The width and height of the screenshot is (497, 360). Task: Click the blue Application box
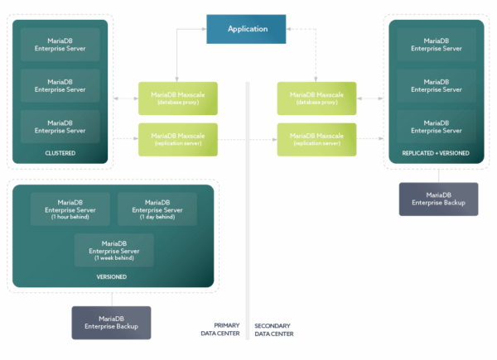[x=248, y=29]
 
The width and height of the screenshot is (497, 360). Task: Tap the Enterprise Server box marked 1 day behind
[x=157, y=209]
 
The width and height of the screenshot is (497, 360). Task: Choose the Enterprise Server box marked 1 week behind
[x=114, y=249]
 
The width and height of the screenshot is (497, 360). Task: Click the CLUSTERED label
[x=60, y=153]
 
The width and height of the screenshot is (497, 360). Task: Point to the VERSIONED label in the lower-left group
[x=111, y=277]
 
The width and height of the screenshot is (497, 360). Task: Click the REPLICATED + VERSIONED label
[x=436, y=153]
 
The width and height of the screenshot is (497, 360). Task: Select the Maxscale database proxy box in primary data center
[x=178, y=98]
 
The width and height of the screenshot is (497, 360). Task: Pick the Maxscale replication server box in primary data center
[x=178, y=139]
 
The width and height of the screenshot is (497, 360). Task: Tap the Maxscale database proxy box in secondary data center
[x=316, y=98]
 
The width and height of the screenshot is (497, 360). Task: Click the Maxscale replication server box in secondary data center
[x=316, y=139]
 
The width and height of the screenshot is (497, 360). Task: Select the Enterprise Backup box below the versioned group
[x=111, y=323]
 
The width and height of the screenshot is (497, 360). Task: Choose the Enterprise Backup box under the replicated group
[x=438, y=199]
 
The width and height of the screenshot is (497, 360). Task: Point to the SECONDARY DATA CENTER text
[x=274, y=329]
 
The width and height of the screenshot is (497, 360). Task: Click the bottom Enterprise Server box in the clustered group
[x=60, y=126]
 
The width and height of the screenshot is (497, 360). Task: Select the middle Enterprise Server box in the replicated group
[x=436, y=86]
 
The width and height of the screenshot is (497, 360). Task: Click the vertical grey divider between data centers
[x=248, y=207]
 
